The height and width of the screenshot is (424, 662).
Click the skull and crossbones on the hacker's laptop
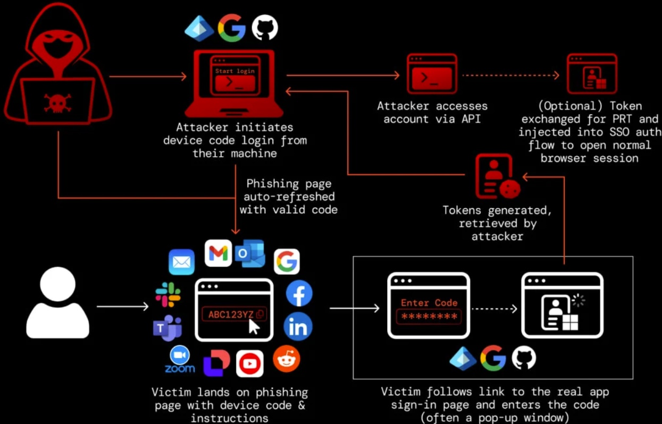(x=57, y=103)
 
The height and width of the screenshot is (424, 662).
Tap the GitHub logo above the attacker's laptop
(x=265, y=28)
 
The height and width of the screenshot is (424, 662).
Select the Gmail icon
(x=218, y=253)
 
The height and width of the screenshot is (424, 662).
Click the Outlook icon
(x=250, y=253)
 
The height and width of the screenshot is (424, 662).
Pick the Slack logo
(x=168, y=294)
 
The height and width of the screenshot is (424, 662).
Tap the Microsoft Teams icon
(x=167, y=328)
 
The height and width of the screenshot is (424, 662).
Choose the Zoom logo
(x=180, y=359)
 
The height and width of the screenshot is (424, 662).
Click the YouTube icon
(x=250, y=363)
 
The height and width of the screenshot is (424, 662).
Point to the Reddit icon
(x=287, y=359)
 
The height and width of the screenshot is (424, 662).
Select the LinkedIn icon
(x=298, y=327)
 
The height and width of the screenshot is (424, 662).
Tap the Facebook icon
(x=299, y=293)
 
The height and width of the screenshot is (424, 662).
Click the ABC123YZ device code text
(x=231, y=315)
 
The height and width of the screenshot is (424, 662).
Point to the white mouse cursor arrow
(x=254, y=327)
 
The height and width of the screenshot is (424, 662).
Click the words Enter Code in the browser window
(x=429, y=303)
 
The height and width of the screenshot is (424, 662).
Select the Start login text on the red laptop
(x=235, y=71)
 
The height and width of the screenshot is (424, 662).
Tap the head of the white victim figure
(x=57, y=284)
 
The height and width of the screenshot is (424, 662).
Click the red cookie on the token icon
(x=510, y=189)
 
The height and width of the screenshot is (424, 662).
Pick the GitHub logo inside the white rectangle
(x=524, y=358)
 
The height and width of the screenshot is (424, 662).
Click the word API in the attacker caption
(x=471, y=119)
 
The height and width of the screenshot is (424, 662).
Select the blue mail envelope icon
(x=181, y=262)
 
